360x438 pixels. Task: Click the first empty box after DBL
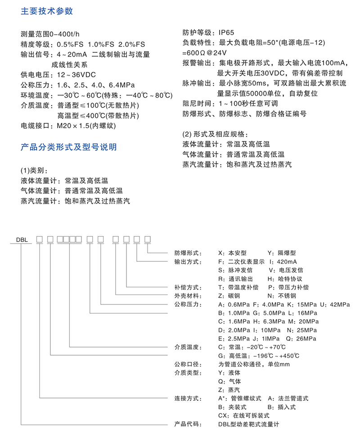[39, 240]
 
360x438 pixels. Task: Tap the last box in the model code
[147, 240]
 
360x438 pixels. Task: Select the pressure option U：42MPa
[335, 304]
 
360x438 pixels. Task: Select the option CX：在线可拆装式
[244, 415]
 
